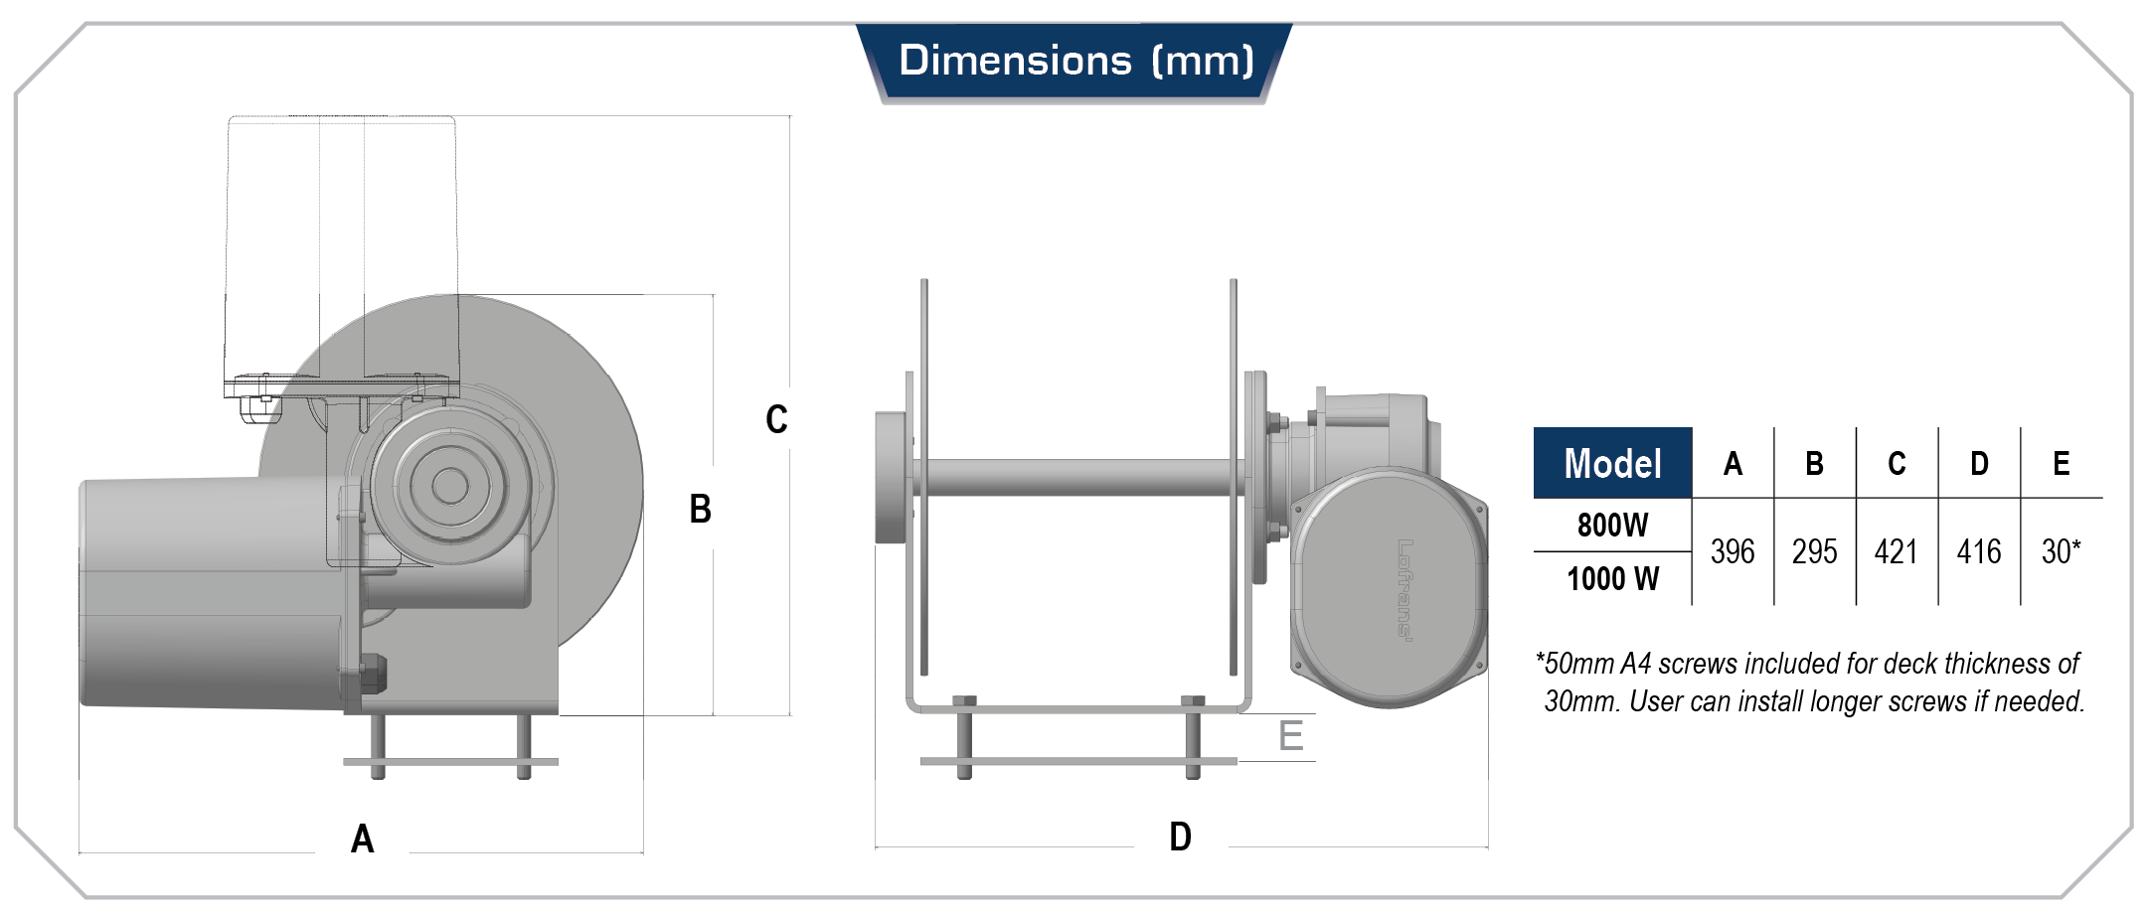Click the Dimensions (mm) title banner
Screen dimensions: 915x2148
coord(1074,62)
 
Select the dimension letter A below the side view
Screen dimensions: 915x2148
coord(363,839)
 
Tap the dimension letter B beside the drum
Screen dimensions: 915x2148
coord(700,510)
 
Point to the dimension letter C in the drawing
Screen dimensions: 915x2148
coord(776,419)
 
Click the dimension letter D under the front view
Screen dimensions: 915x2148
coord(1180,838)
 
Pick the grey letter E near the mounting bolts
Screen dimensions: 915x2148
coord(1290,736)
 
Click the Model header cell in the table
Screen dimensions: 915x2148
coord(1611,464)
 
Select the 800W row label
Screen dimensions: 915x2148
coord(1612,526)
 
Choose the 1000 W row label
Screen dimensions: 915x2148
coord(1612,578)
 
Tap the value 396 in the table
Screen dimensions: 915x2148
coord(1732,552)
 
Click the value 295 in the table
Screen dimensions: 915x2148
coord(1814,552)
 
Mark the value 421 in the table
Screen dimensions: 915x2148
coord(1896,552)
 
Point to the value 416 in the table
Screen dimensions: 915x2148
coord(1978,552)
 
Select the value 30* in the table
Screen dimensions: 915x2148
coord(2061,552)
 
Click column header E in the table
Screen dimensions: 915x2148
coord(2061,464)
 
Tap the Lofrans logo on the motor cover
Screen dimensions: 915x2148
coord(1404,589)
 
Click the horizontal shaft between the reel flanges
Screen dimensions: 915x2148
coord(1078,477)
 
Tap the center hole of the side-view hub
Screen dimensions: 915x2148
coord(449,486)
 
